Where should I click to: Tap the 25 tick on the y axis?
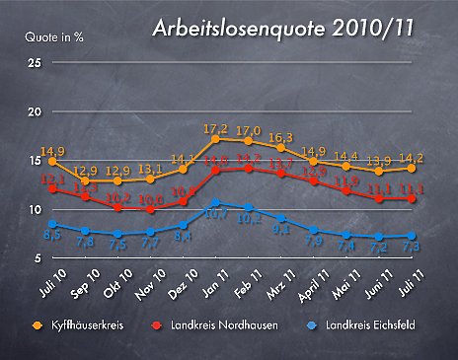click(35, 63)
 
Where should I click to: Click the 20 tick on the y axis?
click(35, 111)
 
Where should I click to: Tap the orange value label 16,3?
click(282, 137)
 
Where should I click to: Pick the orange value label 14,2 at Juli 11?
click(414, 158)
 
